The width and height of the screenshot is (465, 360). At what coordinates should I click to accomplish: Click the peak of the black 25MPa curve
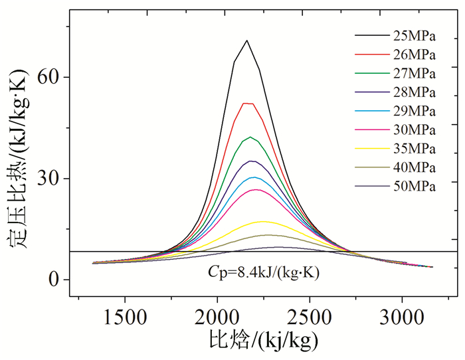(x=247, y=41)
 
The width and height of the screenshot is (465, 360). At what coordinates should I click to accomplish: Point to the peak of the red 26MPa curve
(x=247, y=103)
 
